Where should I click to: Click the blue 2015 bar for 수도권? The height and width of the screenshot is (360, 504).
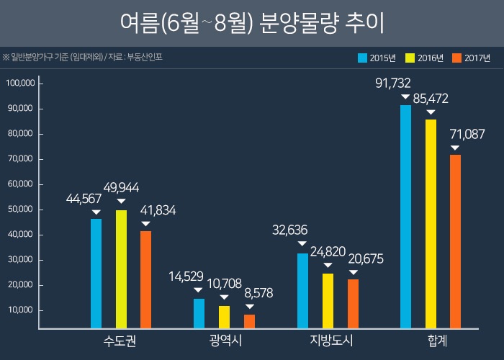coord(96,274)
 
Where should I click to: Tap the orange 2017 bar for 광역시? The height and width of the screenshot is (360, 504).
coord(249,321)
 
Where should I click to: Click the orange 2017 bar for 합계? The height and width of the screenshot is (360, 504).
coord(455,241)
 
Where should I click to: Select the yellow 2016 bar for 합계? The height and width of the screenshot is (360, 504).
coord(431,223)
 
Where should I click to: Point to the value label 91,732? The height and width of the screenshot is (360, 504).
coord(393,83)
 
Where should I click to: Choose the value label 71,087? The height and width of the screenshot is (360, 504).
coord(467,134)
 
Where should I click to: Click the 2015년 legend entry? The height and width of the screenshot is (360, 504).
coord(380,58)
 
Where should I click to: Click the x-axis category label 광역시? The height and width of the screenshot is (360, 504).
coord(225,341)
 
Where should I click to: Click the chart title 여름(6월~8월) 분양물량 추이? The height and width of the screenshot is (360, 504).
coord(252,23)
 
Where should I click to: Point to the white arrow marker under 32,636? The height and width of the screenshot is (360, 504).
coord(301,245)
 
